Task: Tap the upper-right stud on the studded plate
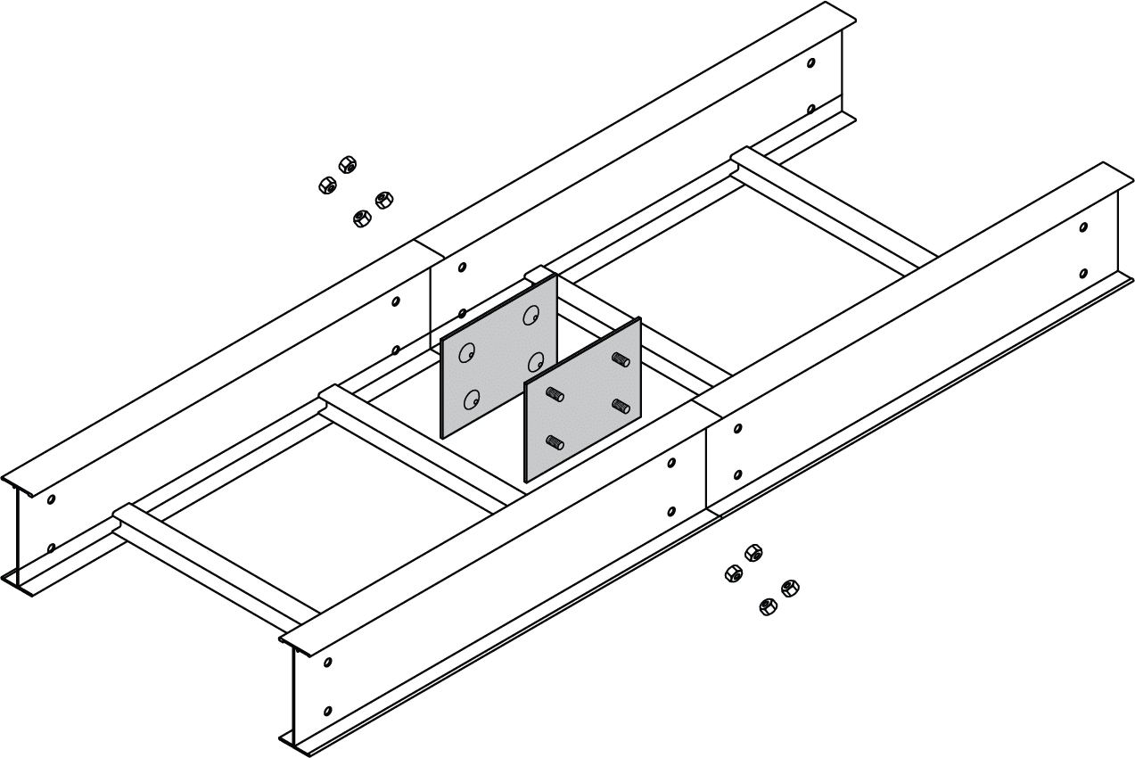tap(621, 359)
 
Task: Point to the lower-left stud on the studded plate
tap(554, 441)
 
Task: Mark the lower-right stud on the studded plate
tap(621, 407)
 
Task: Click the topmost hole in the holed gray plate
tap(532, 315)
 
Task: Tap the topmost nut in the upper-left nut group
tap(348, 164)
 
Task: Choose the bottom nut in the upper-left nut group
tap(361, 218)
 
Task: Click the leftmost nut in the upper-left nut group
tap(326, 185)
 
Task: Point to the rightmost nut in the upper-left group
tap(384, 199)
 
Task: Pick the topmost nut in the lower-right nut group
tap(753, 552)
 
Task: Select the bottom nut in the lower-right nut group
tap(767, 607)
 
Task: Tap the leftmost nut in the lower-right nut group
tap(733, 573)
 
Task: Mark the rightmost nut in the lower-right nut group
tap(789, 587)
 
